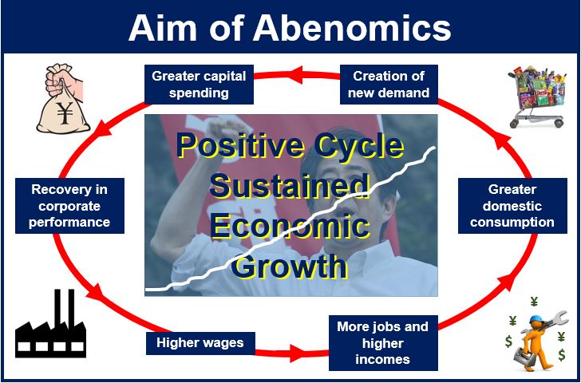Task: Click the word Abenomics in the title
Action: (352, 28)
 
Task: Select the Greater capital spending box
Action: (199, 85)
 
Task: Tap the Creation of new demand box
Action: (389, 85)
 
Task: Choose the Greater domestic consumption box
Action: (512, 206)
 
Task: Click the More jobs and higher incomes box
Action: (383, 343)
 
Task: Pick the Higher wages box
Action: (200, 343)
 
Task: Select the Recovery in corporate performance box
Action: (69, 206)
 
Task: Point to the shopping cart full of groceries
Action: (537, 97)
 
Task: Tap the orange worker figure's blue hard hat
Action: (536, 318)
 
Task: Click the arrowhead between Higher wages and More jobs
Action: (298, 353)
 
